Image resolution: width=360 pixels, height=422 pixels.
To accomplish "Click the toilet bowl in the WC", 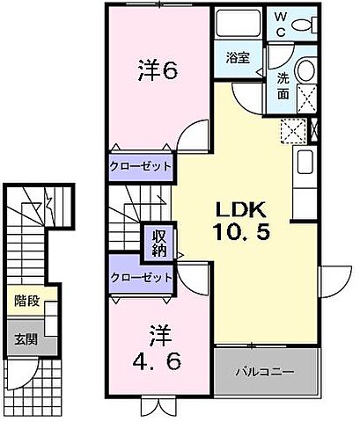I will (304, 24).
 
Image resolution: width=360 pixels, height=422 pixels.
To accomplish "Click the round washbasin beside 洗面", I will (305, 72).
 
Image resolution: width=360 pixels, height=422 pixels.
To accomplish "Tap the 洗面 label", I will (283, 84).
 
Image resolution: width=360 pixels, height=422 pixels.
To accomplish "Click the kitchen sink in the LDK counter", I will (304, 163).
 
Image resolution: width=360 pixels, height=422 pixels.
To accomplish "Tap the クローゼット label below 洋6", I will (141, 166).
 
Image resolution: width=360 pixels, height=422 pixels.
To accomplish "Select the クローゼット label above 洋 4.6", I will (141, 277).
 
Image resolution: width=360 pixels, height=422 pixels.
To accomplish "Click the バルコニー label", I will (264, 370).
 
